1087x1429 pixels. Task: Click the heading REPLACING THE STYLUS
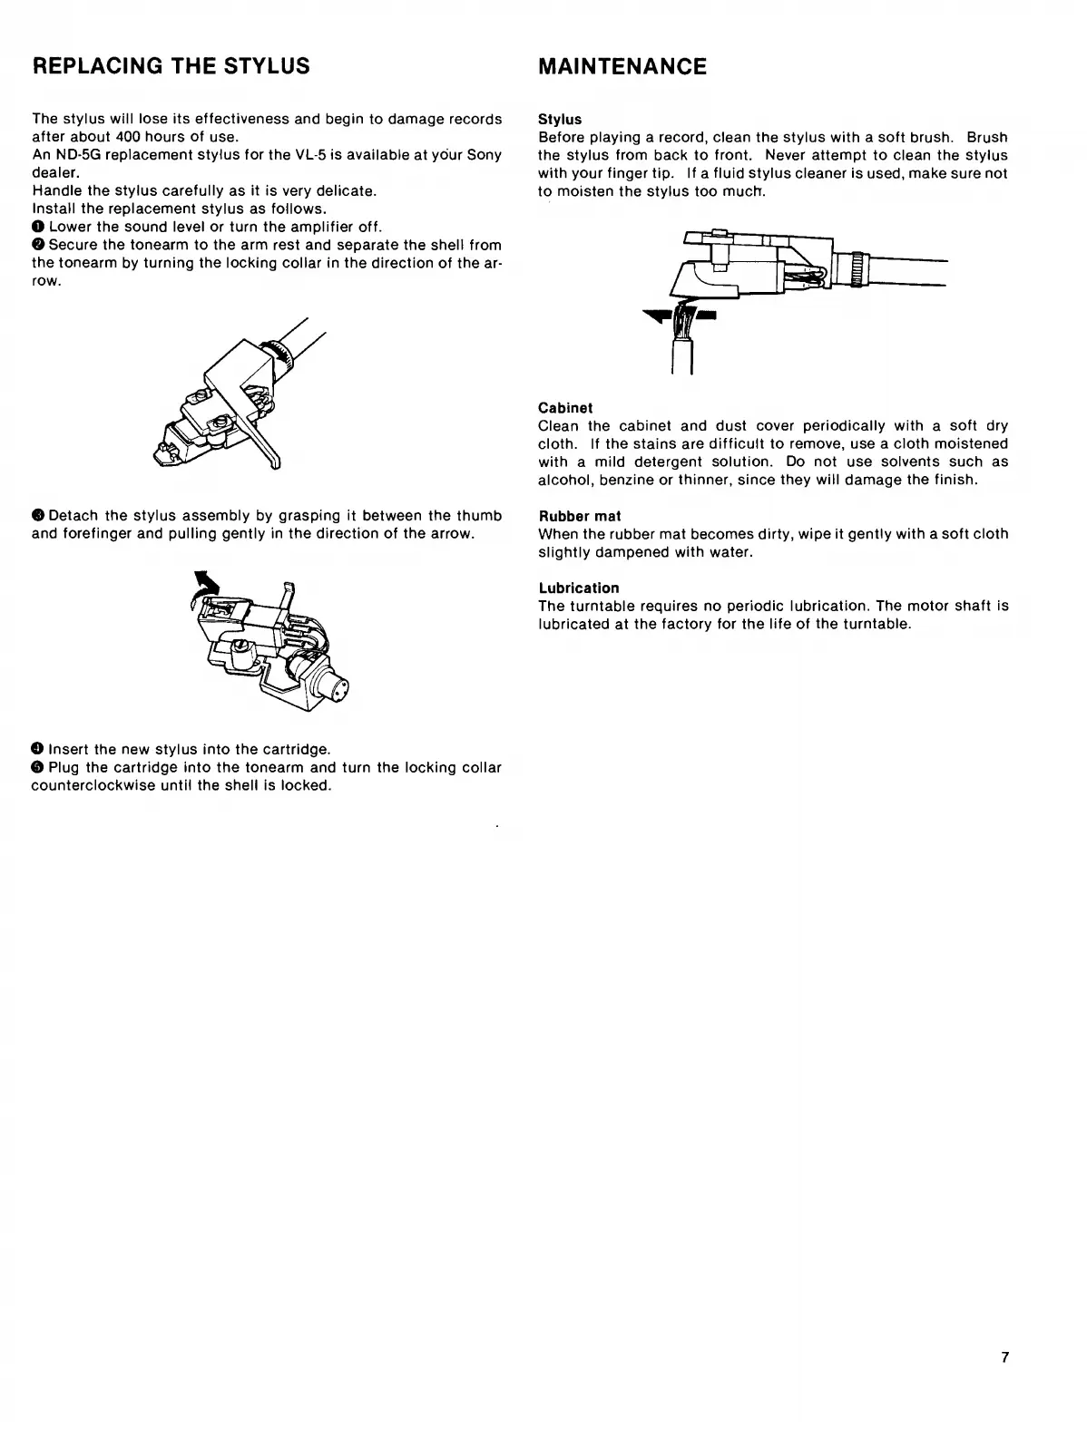[171, 66]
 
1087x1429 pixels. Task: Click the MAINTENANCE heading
[622, 66]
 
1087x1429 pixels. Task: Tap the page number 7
[1004, 1357]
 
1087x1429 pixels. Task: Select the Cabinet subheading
[564, 408]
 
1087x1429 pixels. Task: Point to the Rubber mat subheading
[579, 516]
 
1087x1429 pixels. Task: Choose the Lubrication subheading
[578, 588]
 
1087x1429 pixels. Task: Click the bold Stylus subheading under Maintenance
[559, 119]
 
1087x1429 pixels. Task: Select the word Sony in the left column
[484, 155]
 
